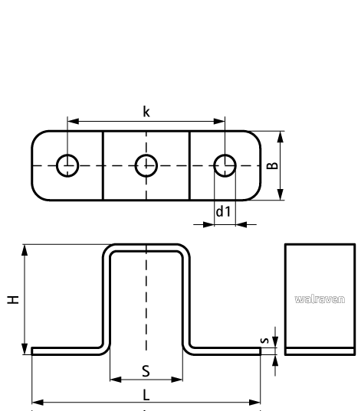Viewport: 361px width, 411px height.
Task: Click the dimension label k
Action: coord(146,112)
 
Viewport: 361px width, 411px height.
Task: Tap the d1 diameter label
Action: coord(222,211)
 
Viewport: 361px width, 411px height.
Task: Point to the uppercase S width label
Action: coord(146,371)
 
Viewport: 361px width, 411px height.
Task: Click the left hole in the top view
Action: coord(67,165)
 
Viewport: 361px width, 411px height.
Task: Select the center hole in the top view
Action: coord(146,165)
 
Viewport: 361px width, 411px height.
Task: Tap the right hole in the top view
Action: coord(224,165)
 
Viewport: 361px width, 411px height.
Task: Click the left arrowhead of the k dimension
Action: coord(71,120)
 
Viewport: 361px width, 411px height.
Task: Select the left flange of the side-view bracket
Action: coord(67,350)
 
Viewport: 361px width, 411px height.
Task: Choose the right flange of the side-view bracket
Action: coord(224,350)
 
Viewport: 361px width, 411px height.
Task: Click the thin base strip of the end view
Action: coord(320,351)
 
